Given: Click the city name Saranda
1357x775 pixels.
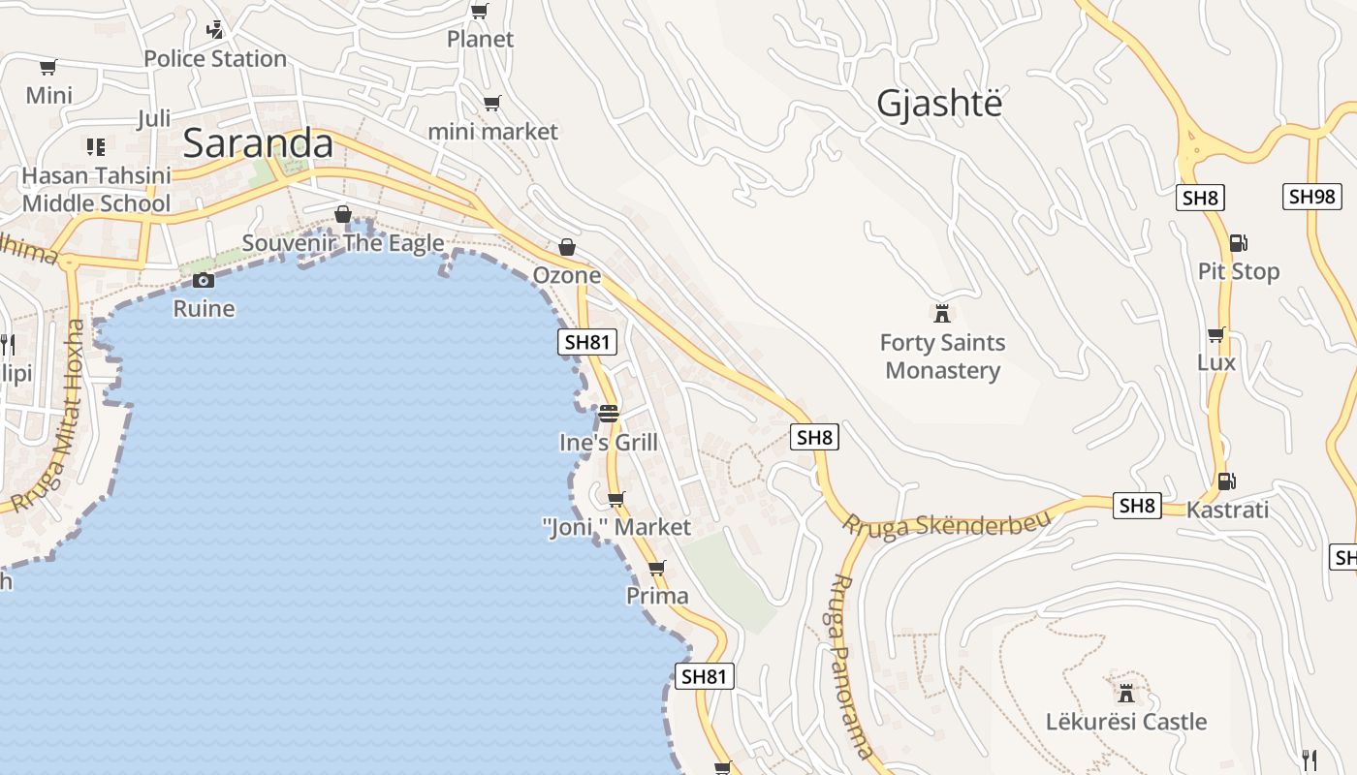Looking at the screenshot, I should pyautogui.click(x=258, y=143).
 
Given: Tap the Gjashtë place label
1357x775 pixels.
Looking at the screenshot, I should pyautogui.click(x=938, y=103).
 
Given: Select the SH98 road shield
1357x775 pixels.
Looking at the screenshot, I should pyautogui.click(x=1312, y=197).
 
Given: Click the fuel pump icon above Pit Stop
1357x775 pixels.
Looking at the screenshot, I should pyautogui.click(x=1238, y=243).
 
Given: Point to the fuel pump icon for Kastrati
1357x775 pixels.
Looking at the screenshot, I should pyautogui.click(x=1226, y=480).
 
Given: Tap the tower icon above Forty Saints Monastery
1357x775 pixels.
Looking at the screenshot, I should pyautogui.click(x=941, y=314).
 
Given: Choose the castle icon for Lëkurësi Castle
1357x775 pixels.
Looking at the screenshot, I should pyautogui.click(x=1125, y=694).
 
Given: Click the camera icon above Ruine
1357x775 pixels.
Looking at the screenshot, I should pyautogui.click(x=204, y=281).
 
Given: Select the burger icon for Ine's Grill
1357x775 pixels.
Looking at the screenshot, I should pyautogui.click(x=609, y=414).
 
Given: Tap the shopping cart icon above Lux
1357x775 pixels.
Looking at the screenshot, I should pyautogui.click(x=1216, y=334).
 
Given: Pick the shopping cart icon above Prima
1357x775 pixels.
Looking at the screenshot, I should pyautogui.click(x=657, y=568).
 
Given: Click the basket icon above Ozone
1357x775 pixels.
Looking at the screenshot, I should pyautogui.click(x=567, y=248).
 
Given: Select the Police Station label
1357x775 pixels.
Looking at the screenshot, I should pyautogui.click(x=215, y=59).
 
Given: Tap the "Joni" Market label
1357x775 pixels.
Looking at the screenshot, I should pyautogui.click(x=616, y=527).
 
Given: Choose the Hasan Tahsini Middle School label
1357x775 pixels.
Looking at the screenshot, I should pyautogui.click(x=96, y=190).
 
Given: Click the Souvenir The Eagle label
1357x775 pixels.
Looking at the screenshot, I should pyautogui.click(x=343, y=243).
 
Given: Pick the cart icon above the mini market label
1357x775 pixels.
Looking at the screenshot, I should pyautogui.click(x=492, y=103).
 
